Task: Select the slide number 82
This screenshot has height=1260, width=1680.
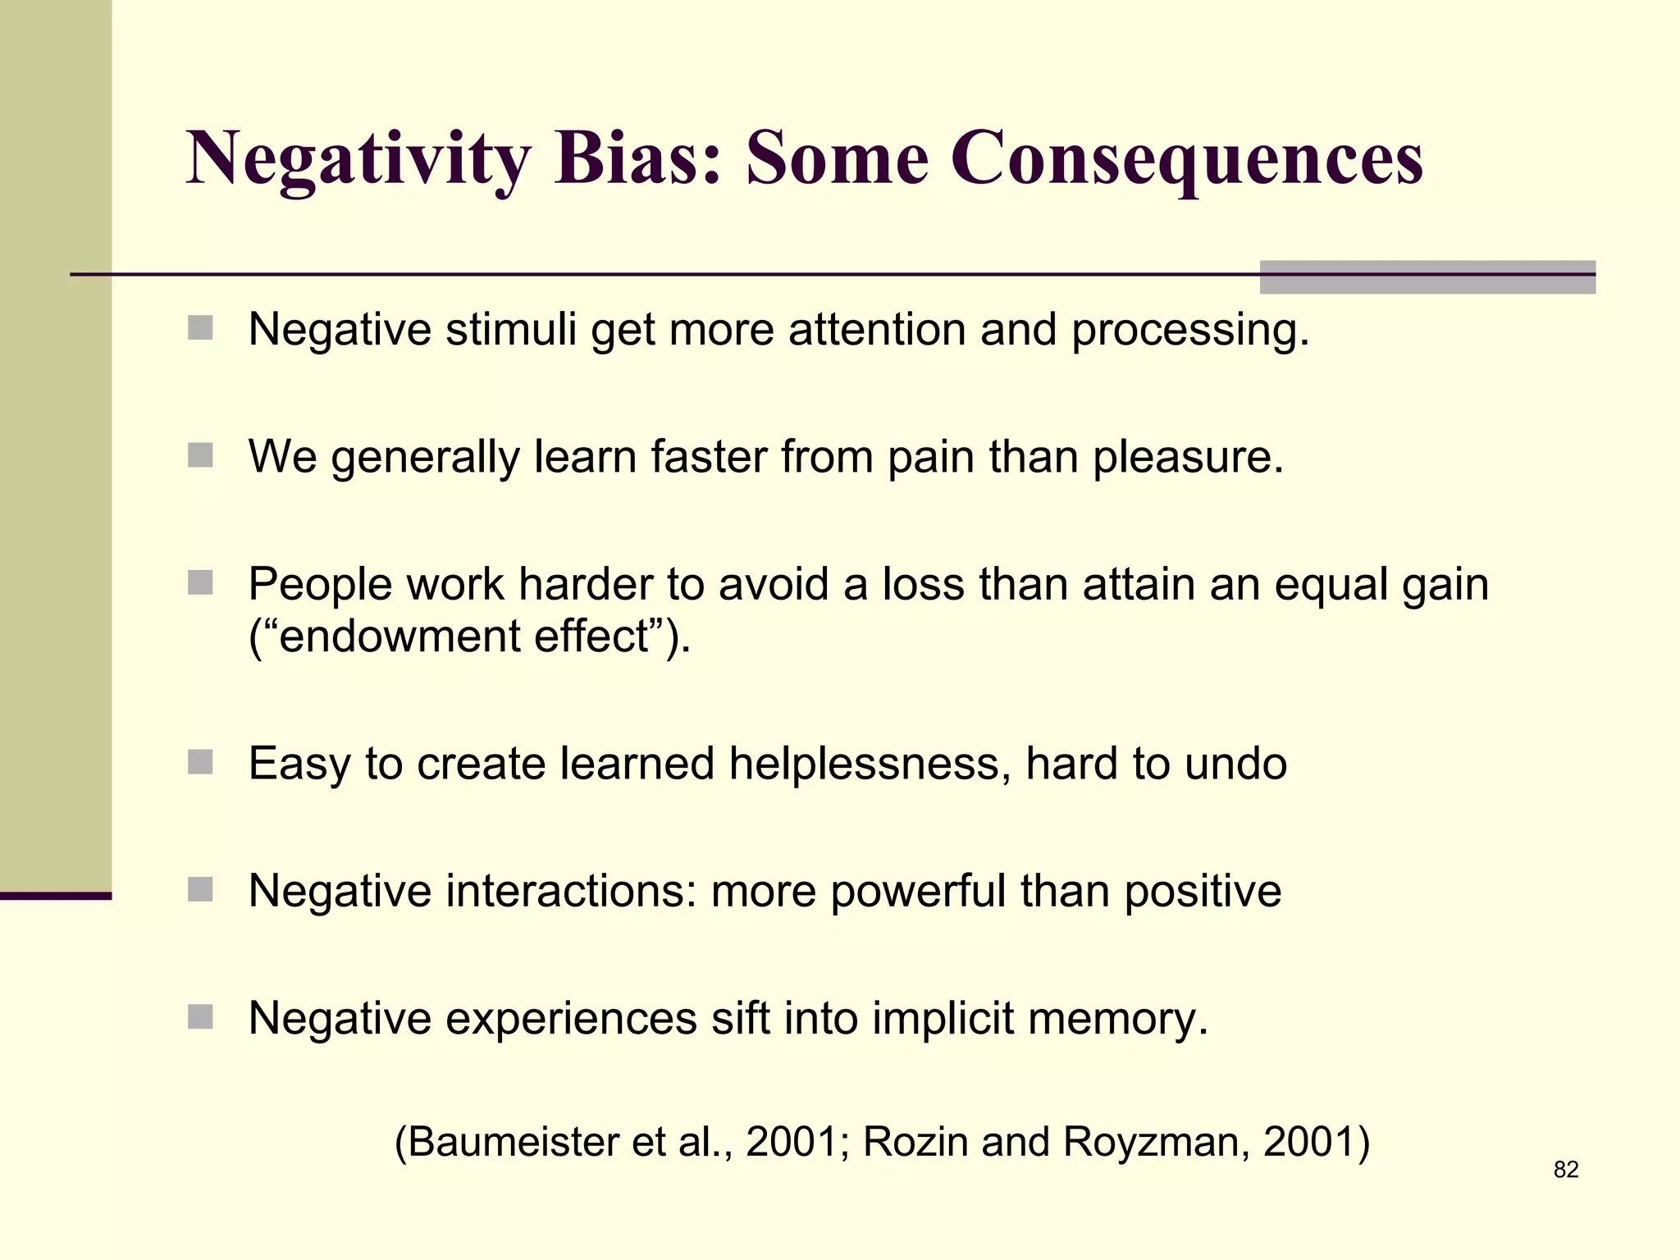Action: coord(1566,1170)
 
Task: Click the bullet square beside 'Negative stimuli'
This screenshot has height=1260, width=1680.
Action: coord(200,328)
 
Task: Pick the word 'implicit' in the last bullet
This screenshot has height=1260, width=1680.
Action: coord(943,1018)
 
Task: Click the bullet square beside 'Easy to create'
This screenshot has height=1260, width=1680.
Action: coord(200,762)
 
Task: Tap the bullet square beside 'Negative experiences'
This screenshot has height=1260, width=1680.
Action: coord(200,1017)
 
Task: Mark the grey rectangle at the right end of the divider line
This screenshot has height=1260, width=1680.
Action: coord(1427,277)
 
